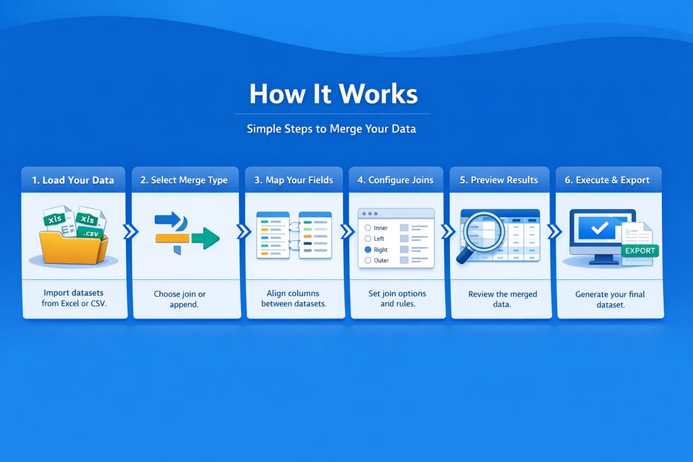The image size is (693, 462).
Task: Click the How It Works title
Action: click(x=333, y=94)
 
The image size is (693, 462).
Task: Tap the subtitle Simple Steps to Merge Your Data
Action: click(x=331, y=128)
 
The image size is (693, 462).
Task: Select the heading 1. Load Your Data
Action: click(x=73, y=180)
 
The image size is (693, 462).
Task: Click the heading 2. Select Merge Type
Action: click(x=184, y=180)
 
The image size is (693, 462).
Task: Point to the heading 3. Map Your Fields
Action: click(x=294, y=180)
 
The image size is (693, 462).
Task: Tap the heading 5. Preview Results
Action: click(x=499, y=180)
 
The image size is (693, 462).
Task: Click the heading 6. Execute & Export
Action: click(x=608, y=180)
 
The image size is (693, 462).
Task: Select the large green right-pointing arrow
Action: click(x=206, y=238)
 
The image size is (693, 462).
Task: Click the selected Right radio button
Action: click(x=367, y=250)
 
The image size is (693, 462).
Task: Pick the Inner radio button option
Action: click(x=367, y=228)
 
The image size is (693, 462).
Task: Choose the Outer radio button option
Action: click(x=367, y=260)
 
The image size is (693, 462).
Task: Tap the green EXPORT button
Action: click(x=640, y=251)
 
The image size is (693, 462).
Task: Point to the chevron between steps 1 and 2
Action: click(x=131, y=232)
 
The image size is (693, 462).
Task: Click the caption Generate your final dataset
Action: click(x=610, y=300)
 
